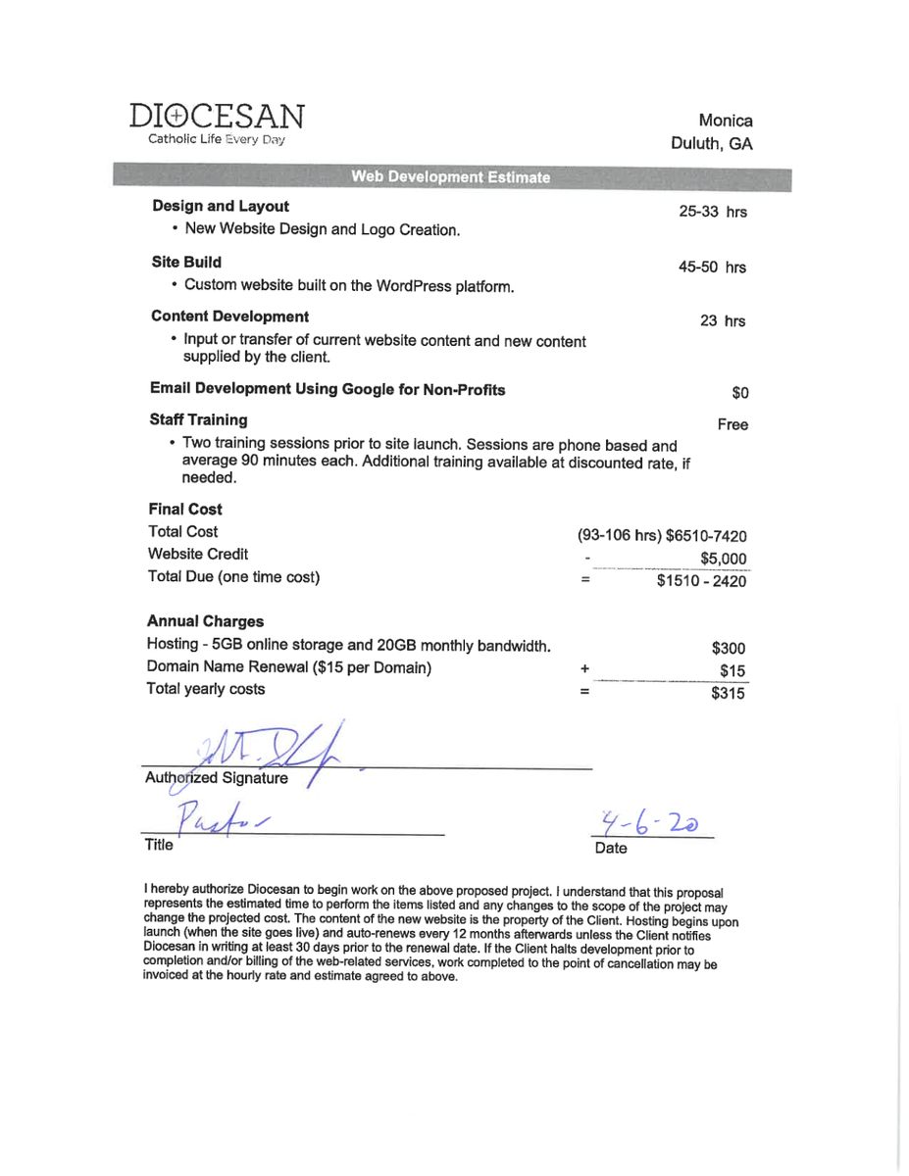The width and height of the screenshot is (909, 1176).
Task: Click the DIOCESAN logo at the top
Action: pos(216,118)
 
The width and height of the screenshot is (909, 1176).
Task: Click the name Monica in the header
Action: pos(726,121)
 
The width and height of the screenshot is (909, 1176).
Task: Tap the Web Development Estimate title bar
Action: pos(450,177)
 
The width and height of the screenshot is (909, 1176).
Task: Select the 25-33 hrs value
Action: pos(713,211)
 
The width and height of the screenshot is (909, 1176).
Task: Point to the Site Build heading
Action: pos(186,262)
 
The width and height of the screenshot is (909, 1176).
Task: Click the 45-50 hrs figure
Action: pos(712,267)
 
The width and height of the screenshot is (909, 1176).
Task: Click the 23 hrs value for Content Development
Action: pos(723,321)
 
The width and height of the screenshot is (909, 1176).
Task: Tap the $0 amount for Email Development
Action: pos(740,393)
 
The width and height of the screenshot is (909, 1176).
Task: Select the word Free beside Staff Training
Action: pos(732,425)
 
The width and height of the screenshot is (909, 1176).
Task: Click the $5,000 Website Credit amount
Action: pos(724,558)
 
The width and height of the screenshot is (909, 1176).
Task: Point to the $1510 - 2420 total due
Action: pos(701,581)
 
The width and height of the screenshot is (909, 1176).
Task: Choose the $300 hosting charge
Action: pos(729,648)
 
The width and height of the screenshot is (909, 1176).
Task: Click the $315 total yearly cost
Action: pos(729,694)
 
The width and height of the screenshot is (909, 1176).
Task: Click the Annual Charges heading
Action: pos(205,621)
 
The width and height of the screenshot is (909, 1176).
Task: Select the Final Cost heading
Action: pos(184,509)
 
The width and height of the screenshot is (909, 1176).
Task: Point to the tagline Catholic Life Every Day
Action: pos(216,140)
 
